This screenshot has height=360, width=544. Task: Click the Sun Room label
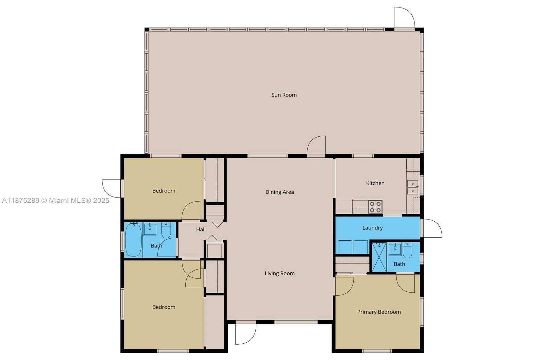click(x=284, y=95)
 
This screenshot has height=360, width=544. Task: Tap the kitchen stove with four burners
click(x=375, y=207)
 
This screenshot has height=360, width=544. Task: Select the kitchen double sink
click(x=412, y=187)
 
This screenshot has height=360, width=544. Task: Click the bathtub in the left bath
click(x=133, y=239)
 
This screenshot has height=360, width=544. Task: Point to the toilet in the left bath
click(x=166, y=230)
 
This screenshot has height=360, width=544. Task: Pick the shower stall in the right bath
click(x=379, y=257)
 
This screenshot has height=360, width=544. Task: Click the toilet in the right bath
click(x=407, y=250)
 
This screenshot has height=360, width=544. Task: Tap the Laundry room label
click(x=372, y=228)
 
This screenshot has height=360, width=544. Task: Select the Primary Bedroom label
click(x=379, y=312)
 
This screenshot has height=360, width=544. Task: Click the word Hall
click(x=201, y=229)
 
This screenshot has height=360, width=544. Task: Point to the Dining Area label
click(x=279, y=192)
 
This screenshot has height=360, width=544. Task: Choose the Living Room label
click(x=279, y=273)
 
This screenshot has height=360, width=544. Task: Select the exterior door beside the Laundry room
click(x=432, y=228)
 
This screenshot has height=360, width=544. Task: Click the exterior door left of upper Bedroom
click(x=112, y=188)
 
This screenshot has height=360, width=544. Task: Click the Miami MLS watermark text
click(x=56, y=201)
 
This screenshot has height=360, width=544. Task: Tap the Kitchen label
click(x=375, y=183)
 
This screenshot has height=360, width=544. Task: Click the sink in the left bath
click(x=150, y=229)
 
